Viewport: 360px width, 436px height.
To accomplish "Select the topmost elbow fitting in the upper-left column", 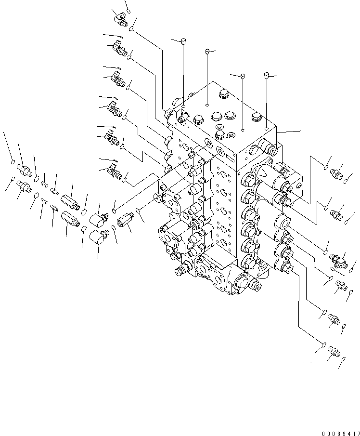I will point(119,20).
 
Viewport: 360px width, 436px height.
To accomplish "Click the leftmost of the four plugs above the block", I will point(183,41).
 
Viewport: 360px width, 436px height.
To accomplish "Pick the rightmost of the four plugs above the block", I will point(267,75).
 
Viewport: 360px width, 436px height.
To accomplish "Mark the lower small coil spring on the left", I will point(44,201).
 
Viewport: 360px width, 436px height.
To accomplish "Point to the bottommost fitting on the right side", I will point(332,354).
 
